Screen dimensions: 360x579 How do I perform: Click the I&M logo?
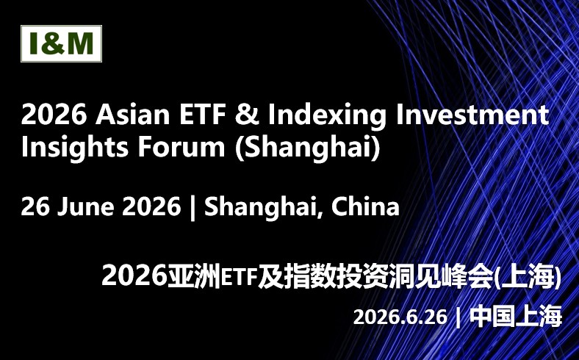(61, 44)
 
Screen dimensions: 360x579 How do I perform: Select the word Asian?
(134, 115)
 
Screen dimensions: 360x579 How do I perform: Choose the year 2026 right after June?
(151, 207)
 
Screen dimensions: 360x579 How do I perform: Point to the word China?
(366, 207)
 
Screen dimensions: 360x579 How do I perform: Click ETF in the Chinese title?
(240, 278)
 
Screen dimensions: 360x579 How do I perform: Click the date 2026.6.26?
(400, 317)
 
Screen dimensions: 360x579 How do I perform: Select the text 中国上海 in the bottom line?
(516, 317)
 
